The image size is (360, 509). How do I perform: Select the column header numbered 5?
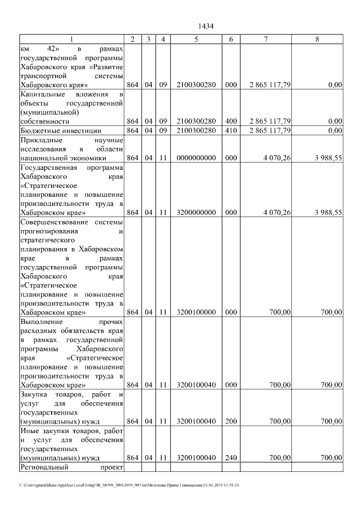click(196, 39)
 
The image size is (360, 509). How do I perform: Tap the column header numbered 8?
click(317, 39)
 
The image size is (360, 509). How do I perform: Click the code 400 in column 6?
click(231, 121)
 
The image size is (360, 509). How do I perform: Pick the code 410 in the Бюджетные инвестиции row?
click(231, 130)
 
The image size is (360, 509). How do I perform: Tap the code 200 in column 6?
click(231, 421)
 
